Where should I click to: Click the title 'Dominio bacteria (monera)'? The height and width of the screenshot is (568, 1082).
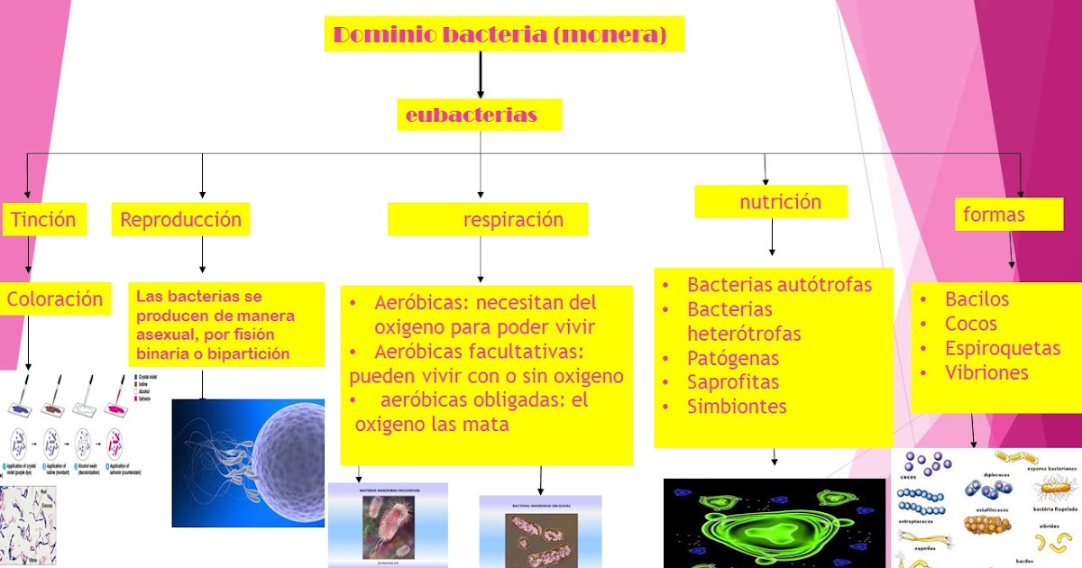(x=500, y=35)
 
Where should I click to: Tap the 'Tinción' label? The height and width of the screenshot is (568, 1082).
(x=43, y=218)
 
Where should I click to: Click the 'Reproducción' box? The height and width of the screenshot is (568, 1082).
(x=180, y=219)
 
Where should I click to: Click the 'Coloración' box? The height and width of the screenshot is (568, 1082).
(x=55, y=298)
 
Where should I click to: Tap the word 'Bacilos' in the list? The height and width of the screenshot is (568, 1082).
(x=977, y=299)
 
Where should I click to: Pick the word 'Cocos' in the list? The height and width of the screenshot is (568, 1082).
(x=971, y=324)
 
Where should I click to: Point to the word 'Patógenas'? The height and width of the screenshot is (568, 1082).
(x=732, y=358)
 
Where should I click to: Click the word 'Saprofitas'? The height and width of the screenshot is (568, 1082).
(x=732, y=382)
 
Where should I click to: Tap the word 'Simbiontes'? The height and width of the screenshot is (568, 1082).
(x=737, y=407)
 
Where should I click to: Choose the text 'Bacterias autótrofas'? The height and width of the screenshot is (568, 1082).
(x=779, y=285)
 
